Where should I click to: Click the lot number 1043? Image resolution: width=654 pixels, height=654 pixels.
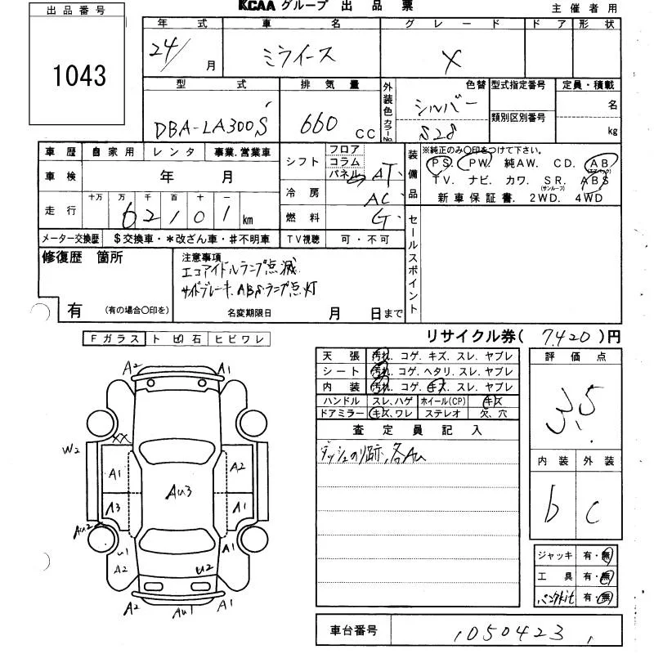(80, 76)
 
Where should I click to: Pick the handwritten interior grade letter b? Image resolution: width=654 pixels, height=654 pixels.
(554, 504)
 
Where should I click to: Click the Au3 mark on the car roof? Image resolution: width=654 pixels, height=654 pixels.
(178, 491)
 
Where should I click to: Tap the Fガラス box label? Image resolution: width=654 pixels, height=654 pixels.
(112, 338)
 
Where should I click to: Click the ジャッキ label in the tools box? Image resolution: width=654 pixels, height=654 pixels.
(554, 556)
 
